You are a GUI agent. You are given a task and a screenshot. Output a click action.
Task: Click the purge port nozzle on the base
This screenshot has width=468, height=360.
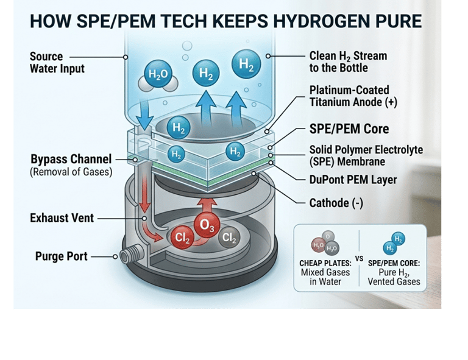(x=130, y=256)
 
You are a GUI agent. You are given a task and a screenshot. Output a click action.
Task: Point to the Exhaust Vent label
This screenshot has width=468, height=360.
(x=61, y=217)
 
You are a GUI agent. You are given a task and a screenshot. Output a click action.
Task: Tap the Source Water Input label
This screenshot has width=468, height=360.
(x=57, y=62)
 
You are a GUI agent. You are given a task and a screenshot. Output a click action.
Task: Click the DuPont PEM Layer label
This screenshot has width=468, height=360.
(x=353, y=180)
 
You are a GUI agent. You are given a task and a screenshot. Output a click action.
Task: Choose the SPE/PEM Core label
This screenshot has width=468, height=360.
(x=349, y=130)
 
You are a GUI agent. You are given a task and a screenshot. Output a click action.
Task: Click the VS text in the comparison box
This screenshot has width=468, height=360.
(x=359, y=258)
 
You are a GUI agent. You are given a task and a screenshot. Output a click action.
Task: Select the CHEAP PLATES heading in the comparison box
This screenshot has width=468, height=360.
(x=325, y=263)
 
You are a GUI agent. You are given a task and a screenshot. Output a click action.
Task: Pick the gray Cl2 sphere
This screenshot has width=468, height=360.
(x=229, y=238)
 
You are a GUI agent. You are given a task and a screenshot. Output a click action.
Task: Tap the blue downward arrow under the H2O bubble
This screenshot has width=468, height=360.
(x=146, y=110)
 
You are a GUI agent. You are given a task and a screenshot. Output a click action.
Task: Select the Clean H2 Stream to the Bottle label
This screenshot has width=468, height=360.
(x=348, y=62)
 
